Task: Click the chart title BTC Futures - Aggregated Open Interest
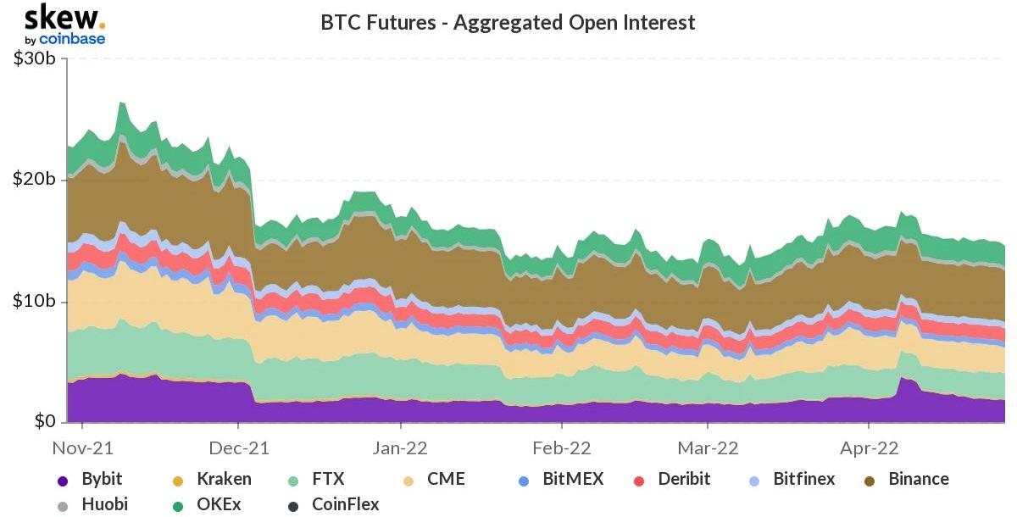click(508, 22)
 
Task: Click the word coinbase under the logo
click(71, 39)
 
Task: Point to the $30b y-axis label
click(35, 59)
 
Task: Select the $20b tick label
click(35, 180)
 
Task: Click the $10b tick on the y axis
click(35, 301)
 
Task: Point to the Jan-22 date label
click(401, 448)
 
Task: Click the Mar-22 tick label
click(709, 448)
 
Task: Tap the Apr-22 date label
click(870, 448)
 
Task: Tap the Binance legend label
click(918, 479)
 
